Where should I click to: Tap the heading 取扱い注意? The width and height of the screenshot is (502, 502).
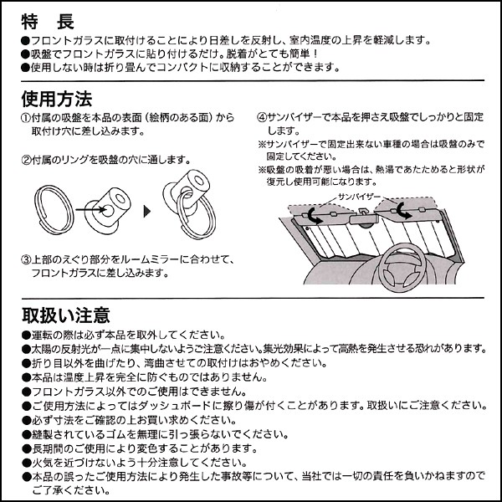66,315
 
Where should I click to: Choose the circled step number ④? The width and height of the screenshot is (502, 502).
261,119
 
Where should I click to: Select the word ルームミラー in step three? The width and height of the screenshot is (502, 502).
173,259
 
